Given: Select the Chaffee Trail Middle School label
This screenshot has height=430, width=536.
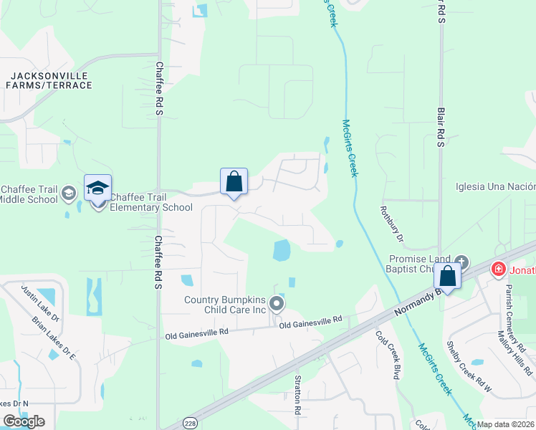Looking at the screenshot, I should tap(29, 194).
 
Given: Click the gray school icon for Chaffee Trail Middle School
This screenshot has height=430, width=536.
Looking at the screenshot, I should tap(69, 193).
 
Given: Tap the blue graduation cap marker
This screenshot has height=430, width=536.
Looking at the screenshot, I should tap(97, 188).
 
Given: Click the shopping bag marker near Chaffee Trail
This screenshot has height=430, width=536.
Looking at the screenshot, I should tap(234, 181).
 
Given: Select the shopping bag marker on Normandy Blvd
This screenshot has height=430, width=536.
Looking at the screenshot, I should tap(448, 276).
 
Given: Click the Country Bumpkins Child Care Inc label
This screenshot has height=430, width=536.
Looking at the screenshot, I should tap(225, 305).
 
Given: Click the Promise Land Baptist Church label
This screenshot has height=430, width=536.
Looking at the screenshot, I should tap(419, 264).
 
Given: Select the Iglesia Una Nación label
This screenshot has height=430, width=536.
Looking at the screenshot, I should tap(495, 188).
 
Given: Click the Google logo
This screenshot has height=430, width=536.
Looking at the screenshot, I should tap(24, 421).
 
